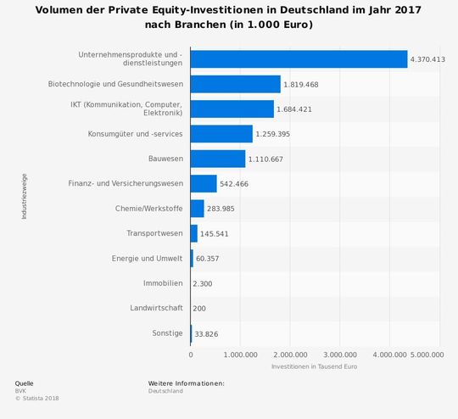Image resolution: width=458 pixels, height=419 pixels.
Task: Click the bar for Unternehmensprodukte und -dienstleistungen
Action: point(299,59)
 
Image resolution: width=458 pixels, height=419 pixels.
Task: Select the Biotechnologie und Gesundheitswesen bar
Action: point(235,84)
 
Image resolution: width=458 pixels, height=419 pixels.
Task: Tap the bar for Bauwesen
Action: point(217,159)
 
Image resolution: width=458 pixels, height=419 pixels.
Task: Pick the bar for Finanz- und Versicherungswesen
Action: point(204,183)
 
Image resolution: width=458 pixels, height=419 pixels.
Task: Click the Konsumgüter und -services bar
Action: point(221,134)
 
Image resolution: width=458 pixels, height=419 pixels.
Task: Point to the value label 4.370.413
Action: point(427,60)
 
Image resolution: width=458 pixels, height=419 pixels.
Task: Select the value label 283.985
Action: point(221,209)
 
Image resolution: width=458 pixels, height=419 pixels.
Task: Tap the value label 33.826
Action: point(206,333)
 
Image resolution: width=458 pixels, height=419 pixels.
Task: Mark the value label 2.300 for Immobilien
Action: point(202,283)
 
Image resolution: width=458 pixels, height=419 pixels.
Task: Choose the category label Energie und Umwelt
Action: point(147,258)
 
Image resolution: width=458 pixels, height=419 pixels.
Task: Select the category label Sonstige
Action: point(167,332)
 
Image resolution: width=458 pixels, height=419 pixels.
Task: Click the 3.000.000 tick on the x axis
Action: point(340,355)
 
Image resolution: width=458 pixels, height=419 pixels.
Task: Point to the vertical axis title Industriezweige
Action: point(24,196)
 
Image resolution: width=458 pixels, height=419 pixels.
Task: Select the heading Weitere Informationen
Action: point(186,383)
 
